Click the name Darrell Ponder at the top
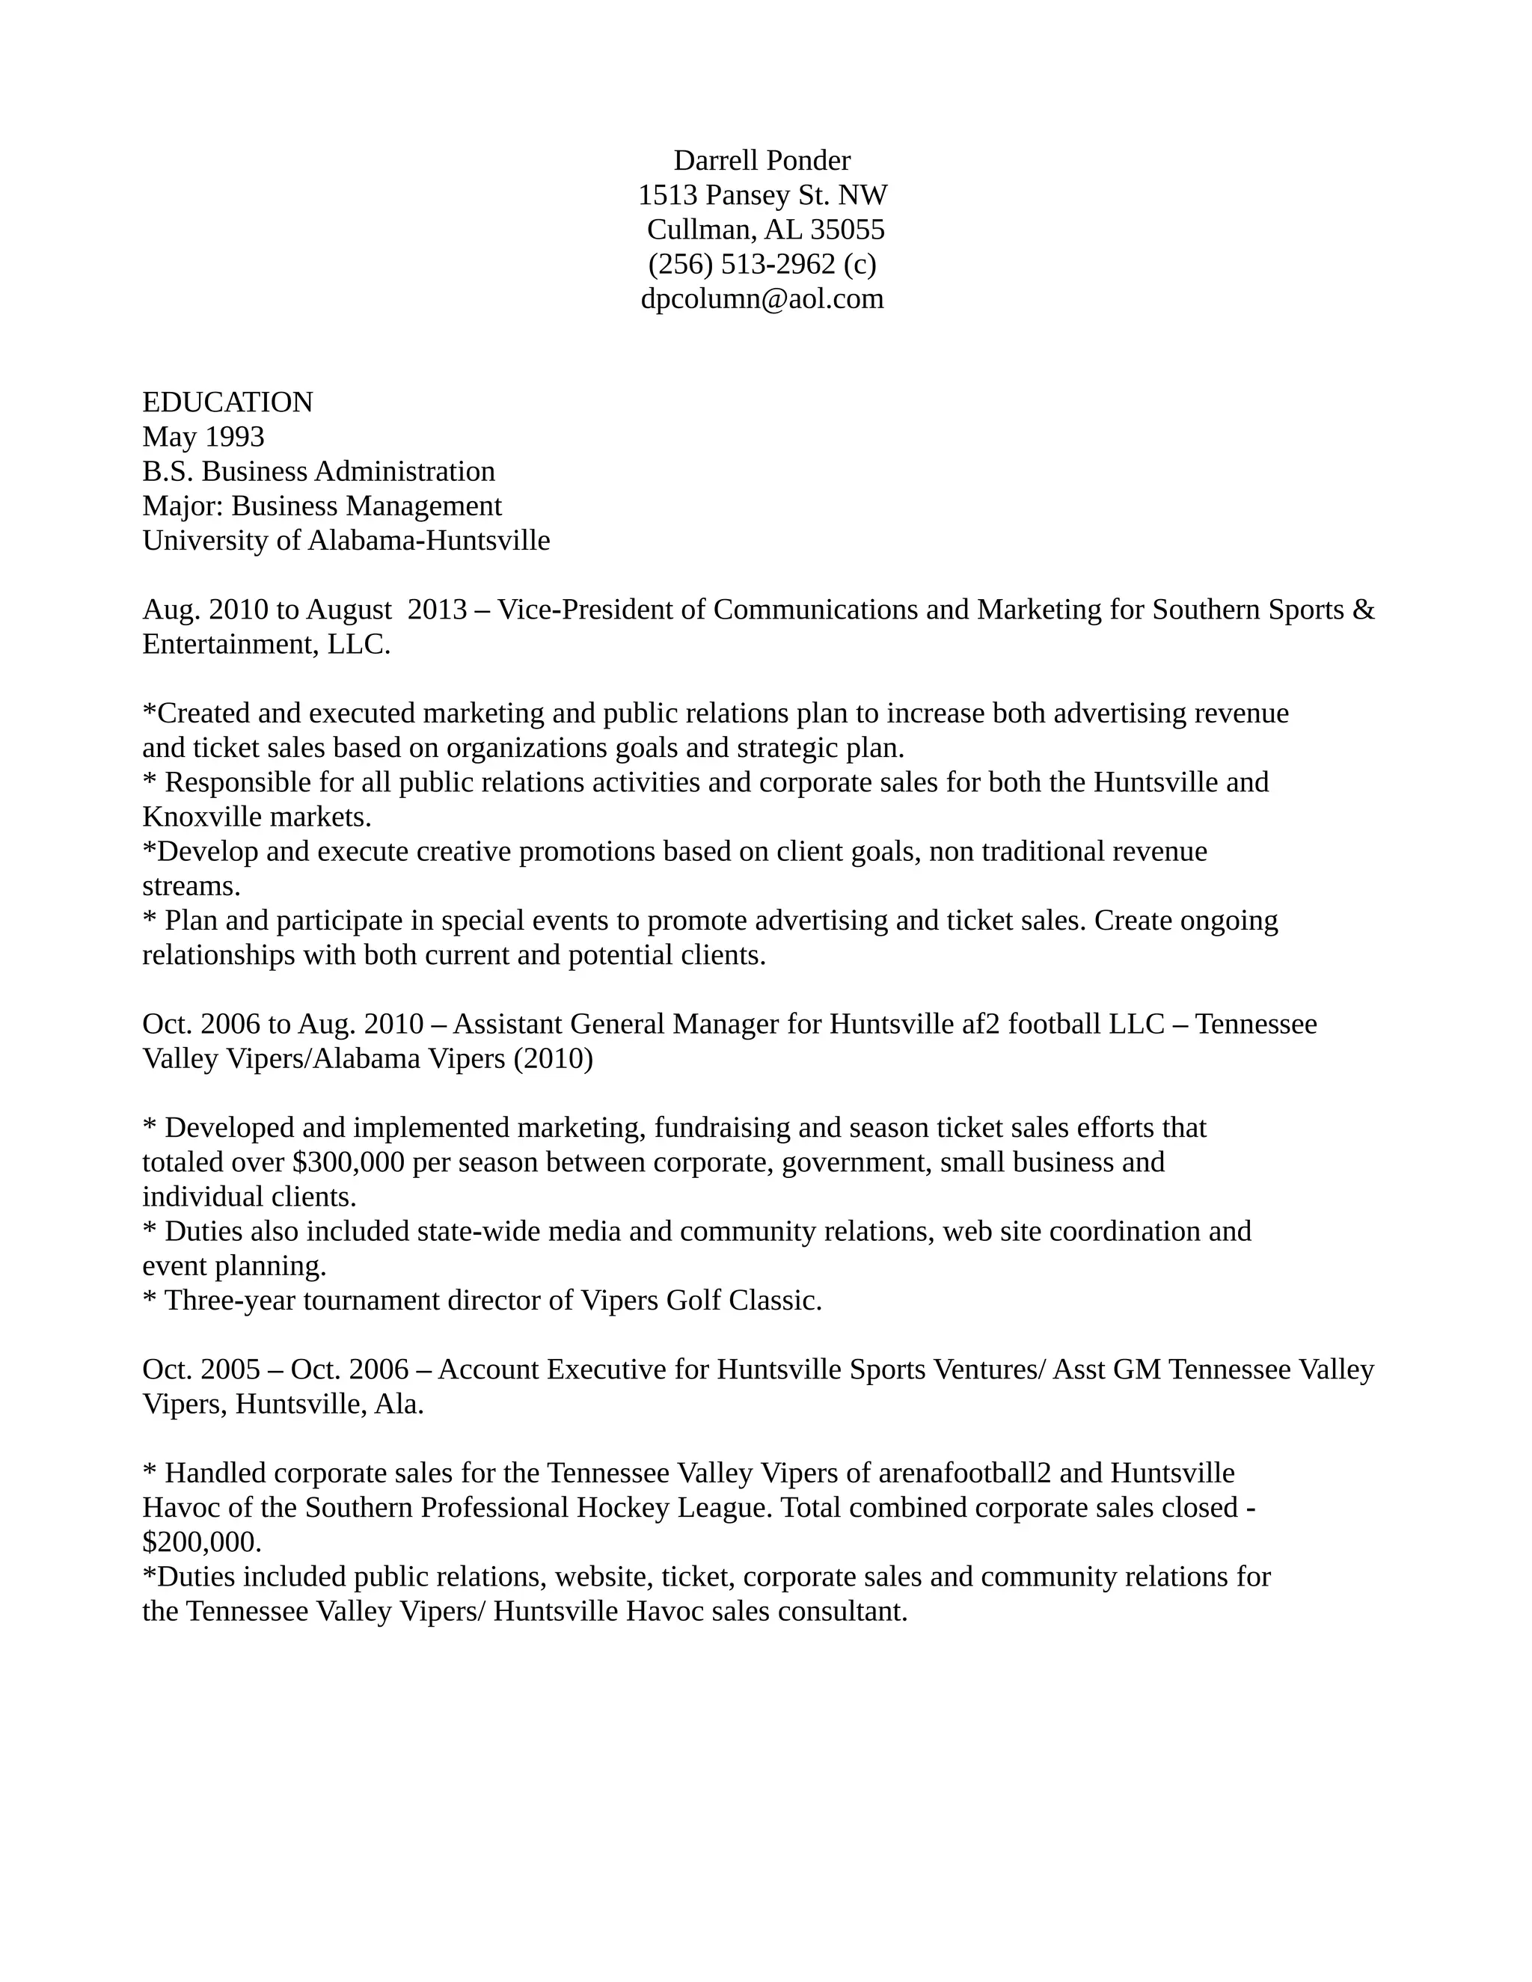762,161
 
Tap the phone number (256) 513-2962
741,264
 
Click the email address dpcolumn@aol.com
762,298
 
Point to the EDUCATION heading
228,402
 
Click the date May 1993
203,437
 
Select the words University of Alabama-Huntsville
346,541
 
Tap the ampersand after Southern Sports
1363,610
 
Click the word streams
191,886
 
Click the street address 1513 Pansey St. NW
762,195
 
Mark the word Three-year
230,1301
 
